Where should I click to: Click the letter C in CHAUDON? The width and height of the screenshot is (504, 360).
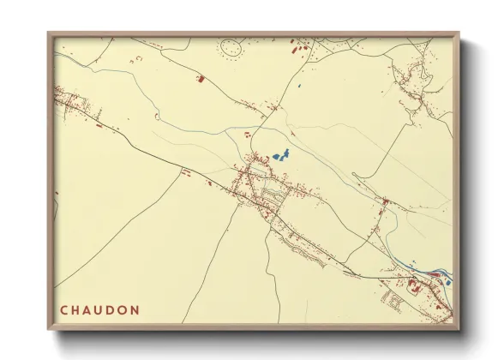click(x=63, y=309)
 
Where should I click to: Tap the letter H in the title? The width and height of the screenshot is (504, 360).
click(x=77, y=309)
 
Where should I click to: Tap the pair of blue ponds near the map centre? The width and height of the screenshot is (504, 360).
click(x=280, y=156)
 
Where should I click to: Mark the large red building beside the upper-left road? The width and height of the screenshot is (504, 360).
click(x=201, y=79)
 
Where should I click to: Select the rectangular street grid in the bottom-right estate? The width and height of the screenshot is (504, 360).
click(x=397, y=299)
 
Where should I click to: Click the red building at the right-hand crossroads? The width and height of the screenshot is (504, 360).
click(x=386, y=202)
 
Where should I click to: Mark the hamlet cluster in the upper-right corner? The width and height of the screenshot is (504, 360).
click(x=420, y=77)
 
